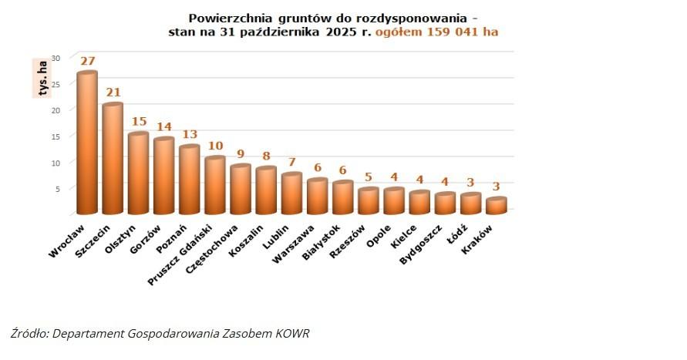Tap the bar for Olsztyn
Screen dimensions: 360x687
coord(138,173)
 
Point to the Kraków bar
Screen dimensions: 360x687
coord(497,205)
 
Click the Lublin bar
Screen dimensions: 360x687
coord(291,193)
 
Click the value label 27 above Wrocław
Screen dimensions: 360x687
coord(87,61)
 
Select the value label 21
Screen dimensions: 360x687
coord(113,92)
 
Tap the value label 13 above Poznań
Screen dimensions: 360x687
coord(189,133)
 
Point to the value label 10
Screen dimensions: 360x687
coord(215,145)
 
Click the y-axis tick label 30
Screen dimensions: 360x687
coord(55,58)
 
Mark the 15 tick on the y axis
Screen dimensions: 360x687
coord(55,136)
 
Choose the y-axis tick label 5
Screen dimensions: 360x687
coord(57,188)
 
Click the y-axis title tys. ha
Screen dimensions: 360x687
coord(39,77)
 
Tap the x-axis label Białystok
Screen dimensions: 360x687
coord(322,242)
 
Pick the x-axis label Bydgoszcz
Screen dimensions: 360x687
coord(421,244)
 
